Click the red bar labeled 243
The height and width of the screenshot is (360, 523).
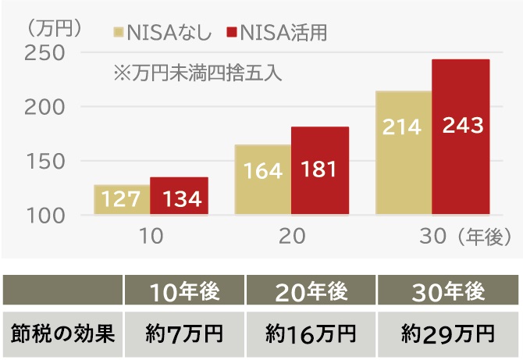(461, 137)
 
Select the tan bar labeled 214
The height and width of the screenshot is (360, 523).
(404, 152)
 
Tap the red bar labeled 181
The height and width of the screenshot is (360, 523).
(320, 170)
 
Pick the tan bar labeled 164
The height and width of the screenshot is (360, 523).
(263, 180)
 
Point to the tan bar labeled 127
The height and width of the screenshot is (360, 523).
(123, 199)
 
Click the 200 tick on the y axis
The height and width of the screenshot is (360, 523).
(44, 106)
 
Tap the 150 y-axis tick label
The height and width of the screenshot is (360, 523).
(44, 160)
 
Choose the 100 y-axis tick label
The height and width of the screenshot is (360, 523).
(44, 214)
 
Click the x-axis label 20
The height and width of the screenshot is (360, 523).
(291, 235)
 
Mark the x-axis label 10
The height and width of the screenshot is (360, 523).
(151, 235)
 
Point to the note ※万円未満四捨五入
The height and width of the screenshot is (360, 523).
(197, 74)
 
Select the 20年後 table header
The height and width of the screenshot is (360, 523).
(311, 292)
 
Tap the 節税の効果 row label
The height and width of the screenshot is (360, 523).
(62, 333)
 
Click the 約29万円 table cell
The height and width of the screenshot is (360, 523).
(448, 334)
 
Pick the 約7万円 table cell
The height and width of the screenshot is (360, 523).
(184, 334)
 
